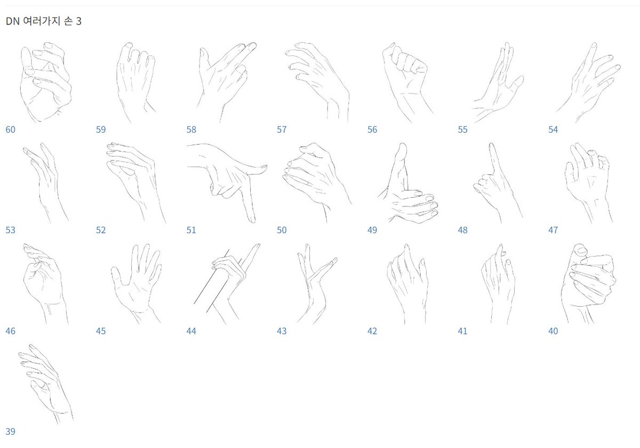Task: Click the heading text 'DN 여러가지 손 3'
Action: [43, 22]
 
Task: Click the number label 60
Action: [10, 130]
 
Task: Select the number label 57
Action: [282, 130]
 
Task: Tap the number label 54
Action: [553, 130]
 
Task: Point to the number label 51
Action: [191, 230]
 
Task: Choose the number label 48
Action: [462, 230]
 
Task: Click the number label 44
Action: [191, 331]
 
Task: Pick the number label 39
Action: [10, 431]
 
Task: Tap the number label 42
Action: [372, 331]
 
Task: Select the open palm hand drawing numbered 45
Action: [136, 283]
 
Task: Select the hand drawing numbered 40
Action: [587, 283]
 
